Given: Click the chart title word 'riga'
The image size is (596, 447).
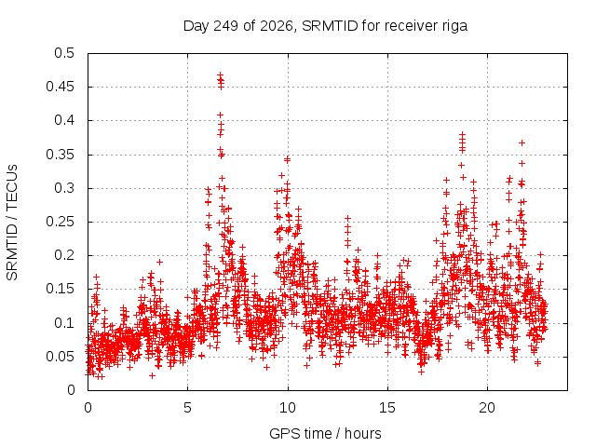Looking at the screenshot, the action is tap(454, 26).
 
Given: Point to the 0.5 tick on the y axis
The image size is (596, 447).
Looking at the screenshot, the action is tap(64, 53).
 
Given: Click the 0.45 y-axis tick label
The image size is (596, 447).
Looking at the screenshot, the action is tap(60, 87).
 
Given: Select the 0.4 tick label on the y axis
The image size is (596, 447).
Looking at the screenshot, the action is tap(64, 120).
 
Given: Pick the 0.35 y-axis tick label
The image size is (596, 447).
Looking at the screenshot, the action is tap(60, 155).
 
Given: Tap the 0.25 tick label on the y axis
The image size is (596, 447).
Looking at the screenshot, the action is tap(60, 222).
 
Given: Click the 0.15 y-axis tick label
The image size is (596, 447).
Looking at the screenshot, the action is tap(60, 289).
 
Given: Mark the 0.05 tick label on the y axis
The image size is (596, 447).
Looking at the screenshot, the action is tap(60, 357).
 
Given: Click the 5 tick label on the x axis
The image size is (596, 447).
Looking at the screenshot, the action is tap(187, 408).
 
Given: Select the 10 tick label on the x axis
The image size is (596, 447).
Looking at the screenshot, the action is tap(288, 408).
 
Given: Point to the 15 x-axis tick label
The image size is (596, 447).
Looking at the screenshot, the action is tap(387, 408).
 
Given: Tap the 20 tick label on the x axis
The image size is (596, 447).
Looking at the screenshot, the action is tap(487, 408).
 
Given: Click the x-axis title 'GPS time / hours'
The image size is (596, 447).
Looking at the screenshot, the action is tap(325, 434).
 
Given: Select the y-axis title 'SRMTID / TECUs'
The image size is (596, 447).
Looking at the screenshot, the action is tap(12, 223).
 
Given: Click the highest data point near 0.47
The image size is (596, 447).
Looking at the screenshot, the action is tap(220, 75).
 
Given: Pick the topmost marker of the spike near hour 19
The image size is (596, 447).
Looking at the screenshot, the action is tap(462, 134).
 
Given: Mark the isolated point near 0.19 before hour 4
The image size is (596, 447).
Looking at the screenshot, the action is tap(159, 262).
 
